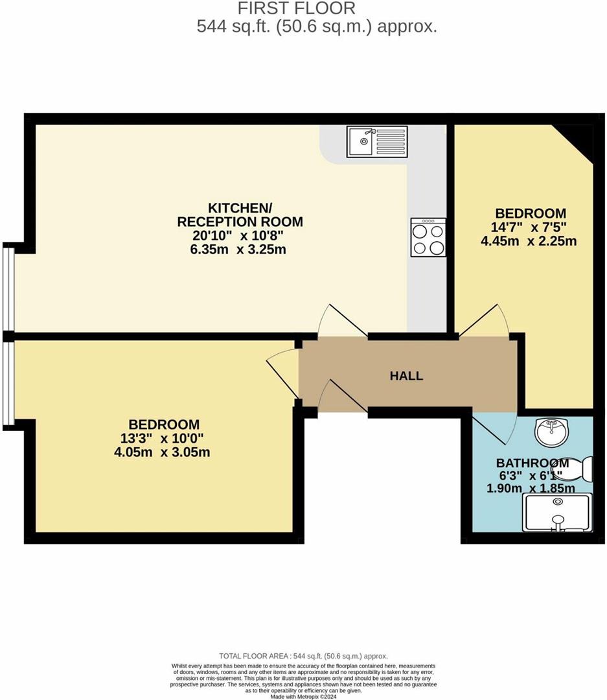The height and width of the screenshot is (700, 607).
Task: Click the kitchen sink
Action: coord(376,141)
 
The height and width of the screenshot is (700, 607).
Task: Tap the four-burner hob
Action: coord(428,237)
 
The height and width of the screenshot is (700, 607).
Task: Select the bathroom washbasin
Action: coord(552,431)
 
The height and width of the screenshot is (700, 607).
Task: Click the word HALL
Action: coord(407,376)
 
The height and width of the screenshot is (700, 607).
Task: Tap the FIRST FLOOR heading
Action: coord(297,8)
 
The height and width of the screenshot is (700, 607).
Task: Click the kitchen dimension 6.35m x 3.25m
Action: coord(239,250)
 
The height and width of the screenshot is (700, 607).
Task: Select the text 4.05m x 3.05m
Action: coord(161,452)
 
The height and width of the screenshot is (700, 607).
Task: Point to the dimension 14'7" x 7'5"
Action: coord(530,227)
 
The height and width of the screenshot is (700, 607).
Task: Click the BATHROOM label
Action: coord(533,463)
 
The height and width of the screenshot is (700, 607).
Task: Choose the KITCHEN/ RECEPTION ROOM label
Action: coord(240,215)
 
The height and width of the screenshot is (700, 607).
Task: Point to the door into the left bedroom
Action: coord(283,373)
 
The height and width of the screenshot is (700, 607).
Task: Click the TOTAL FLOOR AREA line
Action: coord(303,657)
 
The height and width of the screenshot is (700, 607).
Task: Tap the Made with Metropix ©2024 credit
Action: coord(303,696)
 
